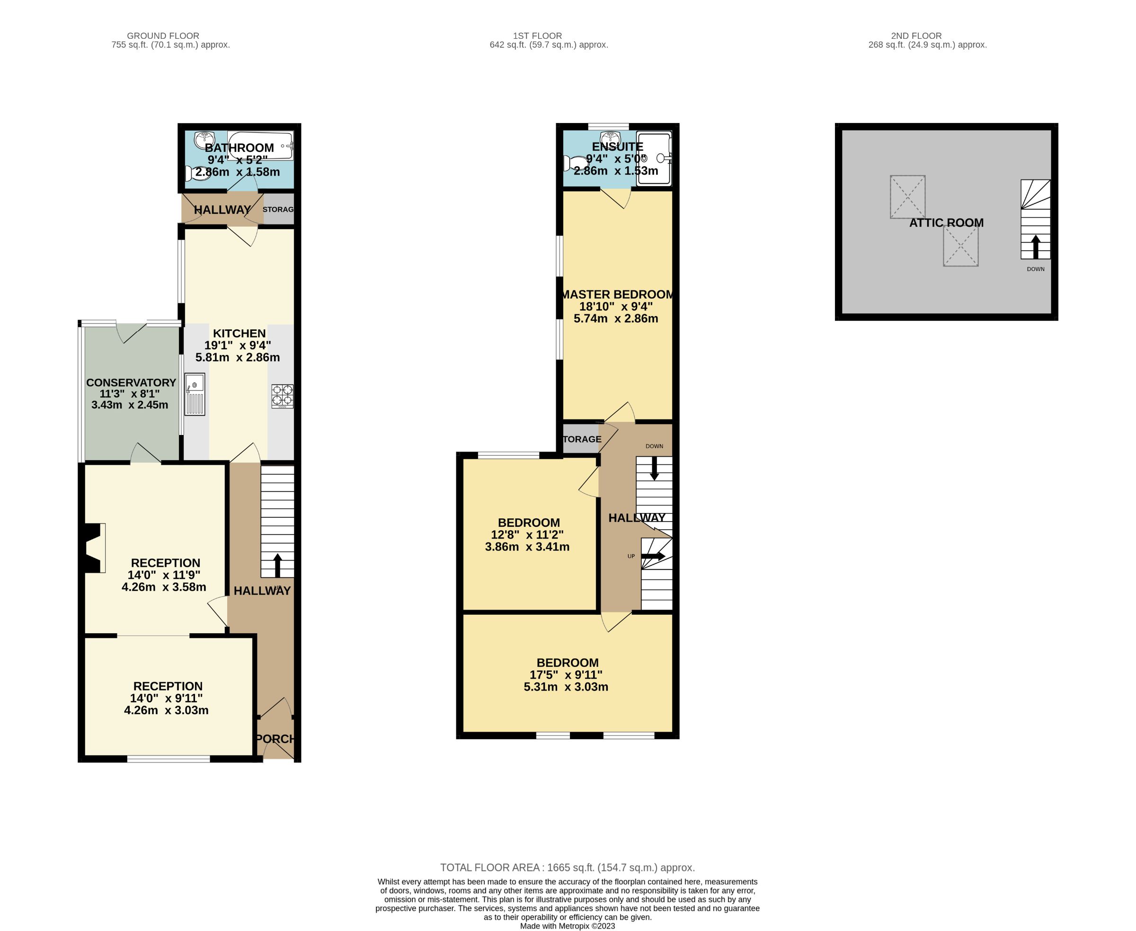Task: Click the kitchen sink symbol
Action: click(x=195, y=394)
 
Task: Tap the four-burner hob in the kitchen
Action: click(x=282, y=396)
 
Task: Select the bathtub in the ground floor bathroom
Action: click(x=260, y=145)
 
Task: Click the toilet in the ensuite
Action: click(x=575, y=163)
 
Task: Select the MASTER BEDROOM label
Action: click(x=617, y=294)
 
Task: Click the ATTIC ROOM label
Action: click(x=946, y=222)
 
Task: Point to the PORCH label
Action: click(x=275, y=738)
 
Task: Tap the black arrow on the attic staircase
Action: click(x=1035, y=247)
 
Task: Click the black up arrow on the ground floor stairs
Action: click(x=277, y=565)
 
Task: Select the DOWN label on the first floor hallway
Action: click(x=654, y=446)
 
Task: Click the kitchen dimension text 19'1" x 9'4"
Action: click(x=238, y=346)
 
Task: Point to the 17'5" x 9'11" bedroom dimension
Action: click(x=566, y=674)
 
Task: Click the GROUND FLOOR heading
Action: click(x=163, y=36)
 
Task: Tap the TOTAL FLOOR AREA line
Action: click(x=567, y=867)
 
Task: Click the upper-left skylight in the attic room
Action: click(x=907, y=197)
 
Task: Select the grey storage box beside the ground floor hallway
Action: click(x=278, y=210)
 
